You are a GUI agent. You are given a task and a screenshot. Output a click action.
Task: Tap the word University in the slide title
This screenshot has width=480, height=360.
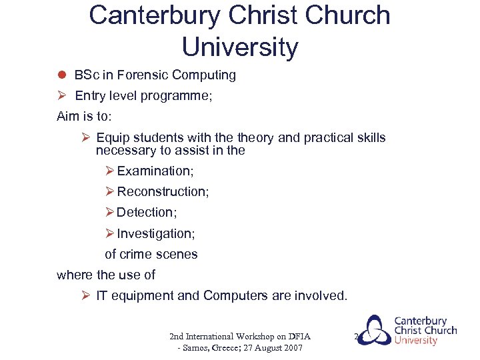point(240,47)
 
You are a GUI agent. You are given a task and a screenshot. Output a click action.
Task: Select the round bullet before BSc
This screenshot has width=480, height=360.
point(61,75)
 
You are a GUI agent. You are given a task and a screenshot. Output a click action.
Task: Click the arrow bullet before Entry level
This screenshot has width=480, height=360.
point(61,95)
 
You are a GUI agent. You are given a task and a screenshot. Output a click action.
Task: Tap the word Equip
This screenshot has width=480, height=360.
point(112,138)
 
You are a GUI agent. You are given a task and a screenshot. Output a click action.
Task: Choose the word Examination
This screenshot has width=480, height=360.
point(155,171)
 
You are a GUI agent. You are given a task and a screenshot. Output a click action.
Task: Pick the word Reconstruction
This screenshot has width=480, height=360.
point(162,192)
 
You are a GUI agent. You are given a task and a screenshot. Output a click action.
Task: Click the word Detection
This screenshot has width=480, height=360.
point(146,213)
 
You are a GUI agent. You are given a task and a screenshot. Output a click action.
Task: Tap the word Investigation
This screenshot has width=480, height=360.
point(155,234)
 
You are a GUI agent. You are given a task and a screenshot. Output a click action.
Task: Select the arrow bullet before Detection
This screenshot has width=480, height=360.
point(110,213)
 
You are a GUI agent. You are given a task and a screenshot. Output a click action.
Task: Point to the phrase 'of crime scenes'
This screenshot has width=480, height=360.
point(151,254)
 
